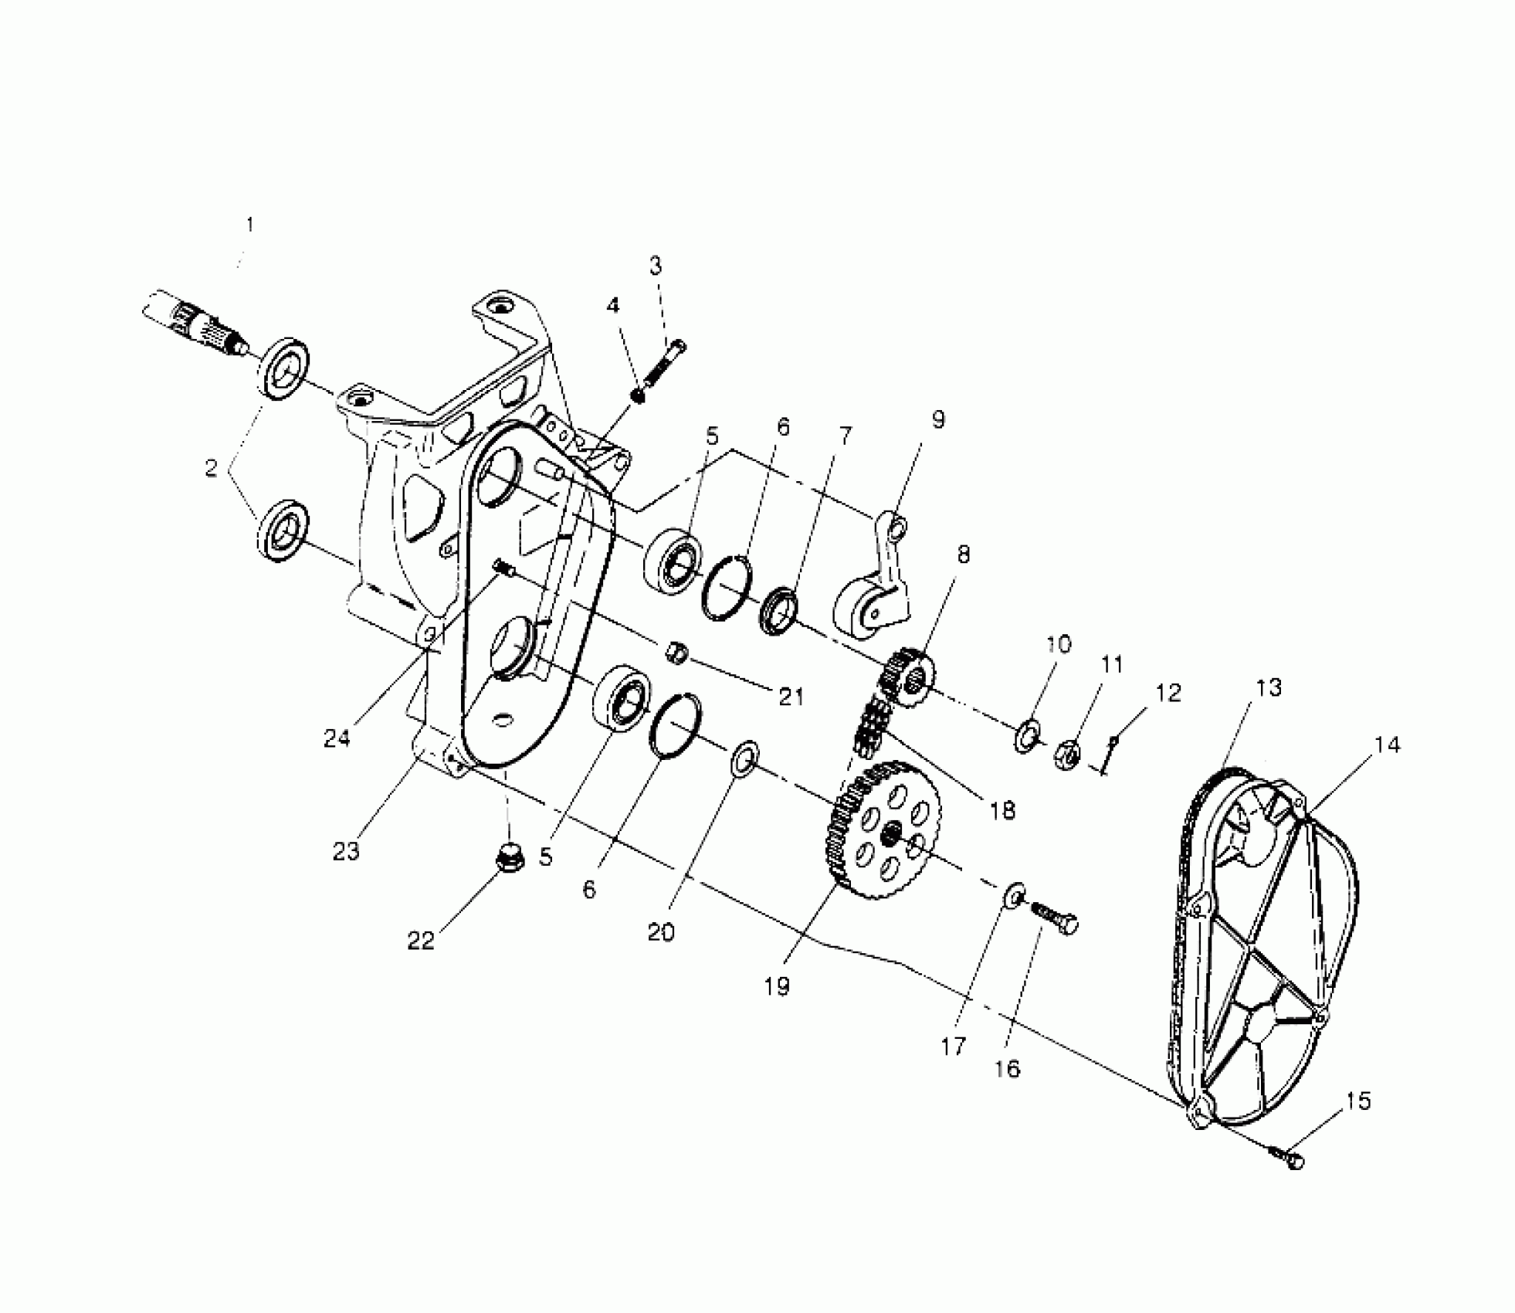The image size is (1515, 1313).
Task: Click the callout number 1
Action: pos(249,225)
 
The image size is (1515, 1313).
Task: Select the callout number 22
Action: pos(422,941)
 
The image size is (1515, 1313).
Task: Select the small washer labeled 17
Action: pos(1014,894)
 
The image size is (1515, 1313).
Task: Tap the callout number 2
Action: pos(211,468)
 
